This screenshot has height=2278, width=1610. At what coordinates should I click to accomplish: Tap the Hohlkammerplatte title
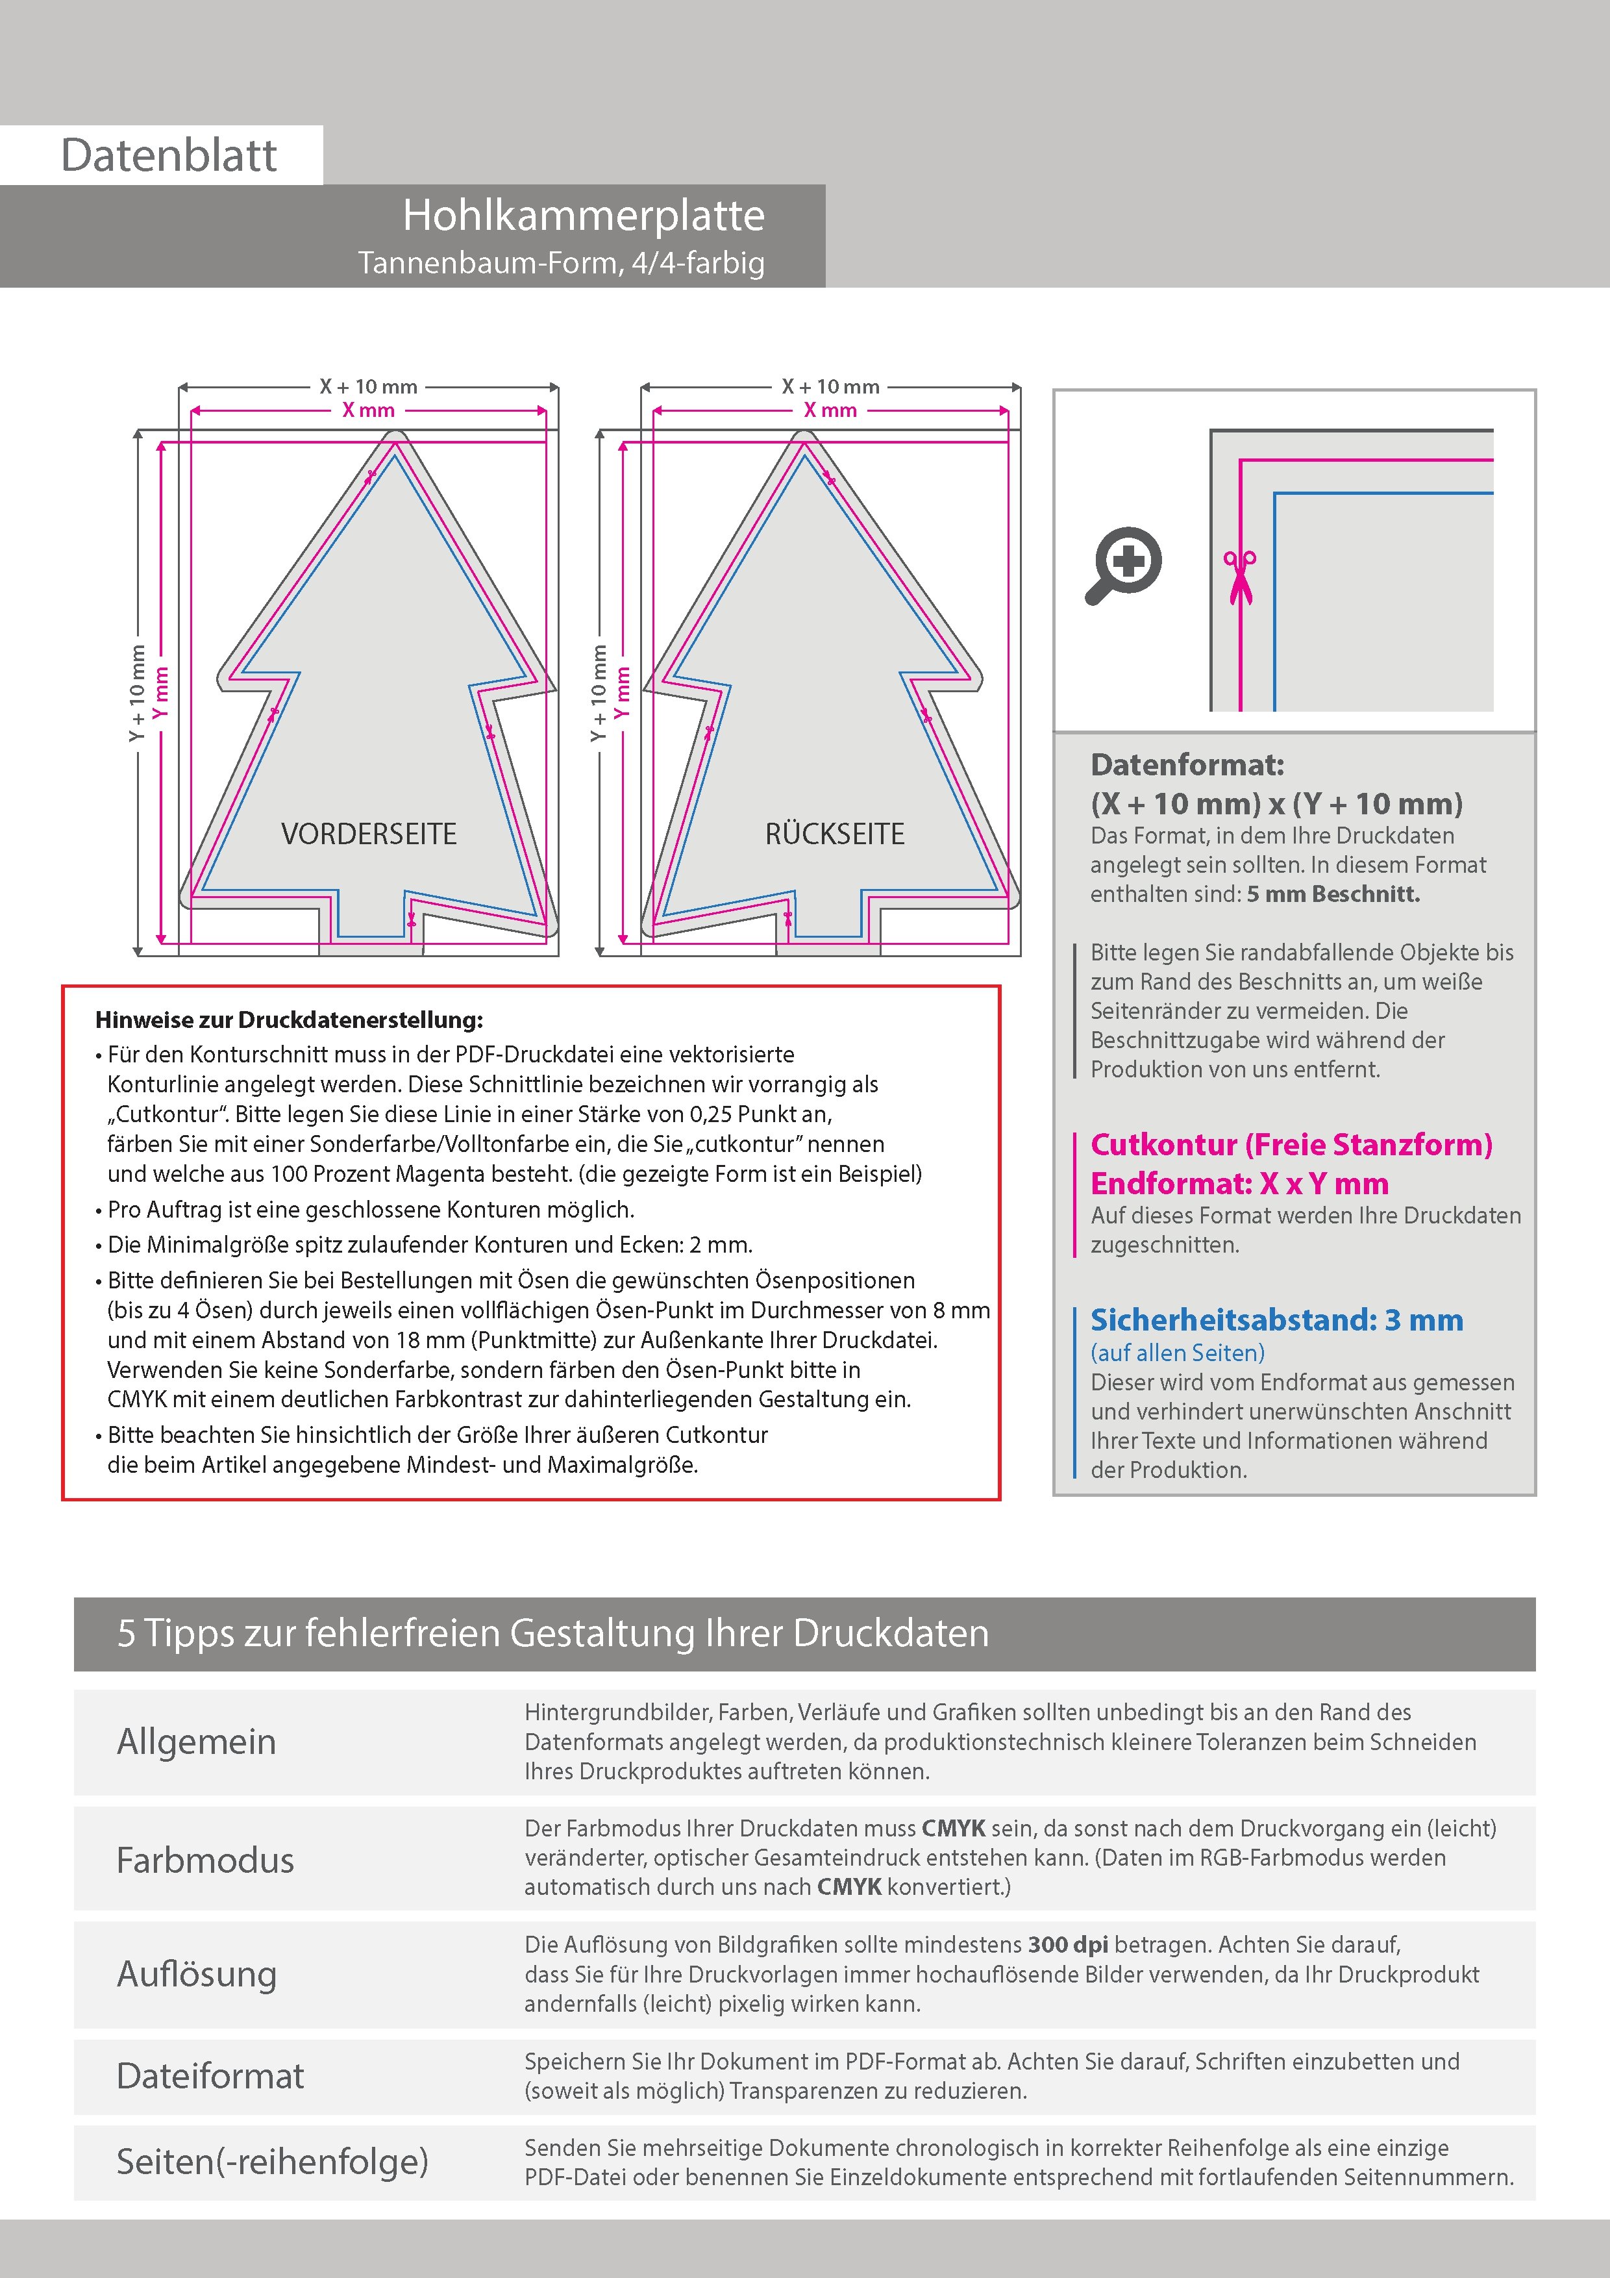coord(583,216)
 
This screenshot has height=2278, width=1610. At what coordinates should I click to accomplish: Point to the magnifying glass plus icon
coord(1124,564)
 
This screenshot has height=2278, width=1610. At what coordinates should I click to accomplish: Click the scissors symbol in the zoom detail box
coord(1239,575)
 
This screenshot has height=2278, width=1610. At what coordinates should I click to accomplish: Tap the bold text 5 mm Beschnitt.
coord(1333,894)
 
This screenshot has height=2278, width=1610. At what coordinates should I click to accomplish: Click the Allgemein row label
coord(197,1741)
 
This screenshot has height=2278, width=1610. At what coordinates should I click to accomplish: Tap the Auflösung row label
coord(197,1973)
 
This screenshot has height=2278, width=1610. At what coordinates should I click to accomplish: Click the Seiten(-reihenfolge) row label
coord(273,2161)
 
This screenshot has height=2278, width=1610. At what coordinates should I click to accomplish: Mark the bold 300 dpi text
coord(1069,1945)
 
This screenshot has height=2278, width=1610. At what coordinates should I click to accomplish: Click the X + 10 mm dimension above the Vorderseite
coord(368,387)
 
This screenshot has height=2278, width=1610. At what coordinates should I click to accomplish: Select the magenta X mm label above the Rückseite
coord(830,410)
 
